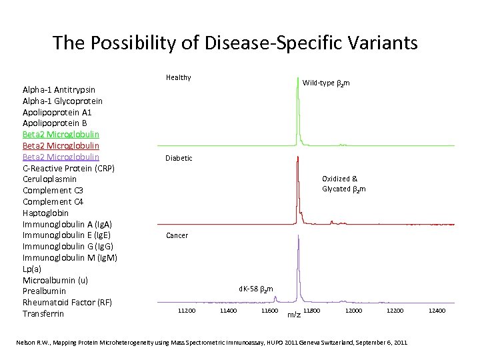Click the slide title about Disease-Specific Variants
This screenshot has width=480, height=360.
click(x=235, y=43)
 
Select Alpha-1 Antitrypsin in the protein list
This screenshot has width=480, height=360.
click(x=59, y=89)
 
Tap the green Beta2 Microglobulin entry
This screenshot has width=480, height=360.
click(x=61, y=134)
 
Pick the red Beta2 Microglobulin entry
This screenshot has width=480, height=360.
click(x=61, y=145)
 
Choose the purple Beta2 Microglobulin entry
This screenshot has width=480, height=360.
click(x=61, y=157)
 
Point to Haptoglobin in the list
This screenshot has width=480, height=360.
click(x=45, y=213)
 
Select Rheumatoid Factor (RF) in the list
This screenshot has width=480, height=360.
click(x=67, y=302)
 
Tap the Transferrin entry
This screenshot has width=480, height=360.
click(x=43, y=313)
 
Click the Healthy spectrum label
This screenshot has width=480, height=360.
click(x=179, y=77)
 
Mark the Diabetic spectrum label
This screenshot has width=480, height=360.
click(x=179, y=158)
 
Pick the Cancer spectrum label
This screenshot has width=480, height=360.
click(x=177, y=235)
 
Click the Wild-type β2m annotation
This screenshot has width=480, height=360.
click(x=326, y=83)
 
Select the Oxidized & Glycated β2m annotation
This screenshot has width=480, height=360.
click(x=343, y=184)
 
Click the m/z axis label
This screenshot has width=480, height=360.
click(x=293, y=315)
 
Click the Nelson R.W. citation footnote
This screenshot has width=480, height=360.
click(x=211, y=342)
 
